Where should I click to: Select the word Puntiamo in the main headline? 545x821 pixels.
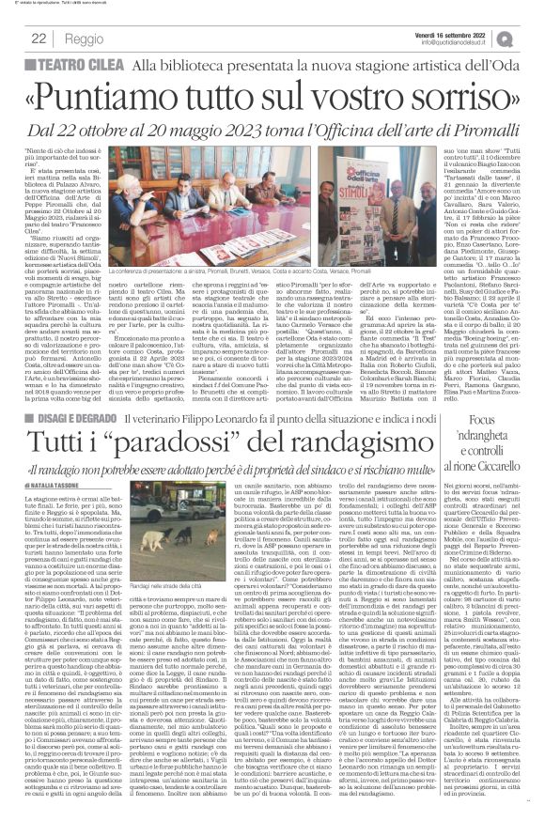point(133,96)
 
